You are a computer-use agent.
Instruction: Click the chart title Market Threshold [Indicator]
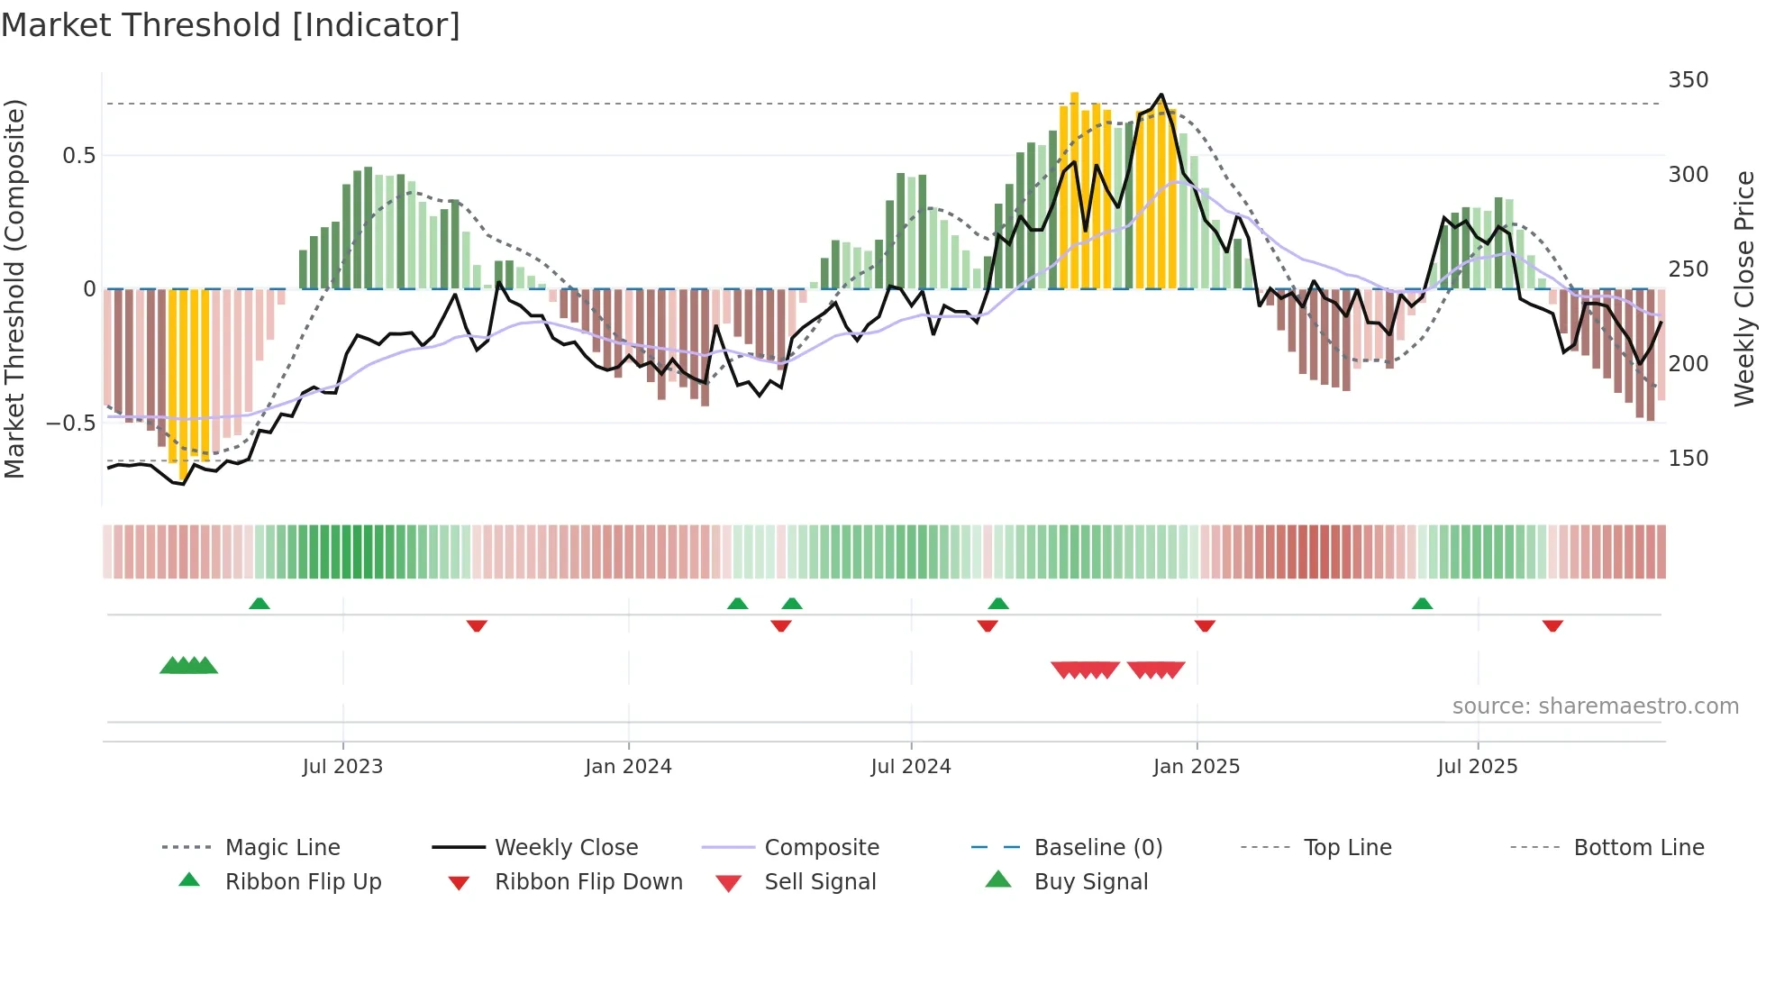click(231, 25)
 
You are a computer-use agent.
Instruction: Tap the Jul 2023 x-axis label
click(342, 767)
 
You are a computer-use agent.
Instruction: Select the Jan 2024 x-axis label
click(628, 767)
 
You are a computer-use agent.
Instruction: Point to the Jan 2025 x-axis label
click(1197, 767)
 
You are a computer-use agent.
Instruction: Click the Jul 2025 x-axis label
click(1478, 767)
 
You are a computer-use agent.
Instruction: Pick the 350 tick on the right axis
click(1688, 80)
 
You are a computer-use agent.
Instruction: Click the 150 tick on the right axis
click(1688, 459)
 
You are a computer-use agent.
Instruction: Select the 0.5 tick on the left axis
click(78, 156)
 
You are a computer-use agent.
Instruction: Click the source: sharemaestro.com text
click(1595, 706)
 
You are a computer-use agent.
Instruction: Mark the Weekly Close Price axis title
click(1744, 288)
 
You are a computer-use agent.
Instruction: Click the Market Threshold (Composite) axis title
click(14, 288)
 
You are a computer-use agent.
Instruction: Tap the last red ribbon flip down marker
click(1552, 625)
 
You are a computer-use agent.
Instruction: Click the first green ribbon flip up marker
click(259, 604)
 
